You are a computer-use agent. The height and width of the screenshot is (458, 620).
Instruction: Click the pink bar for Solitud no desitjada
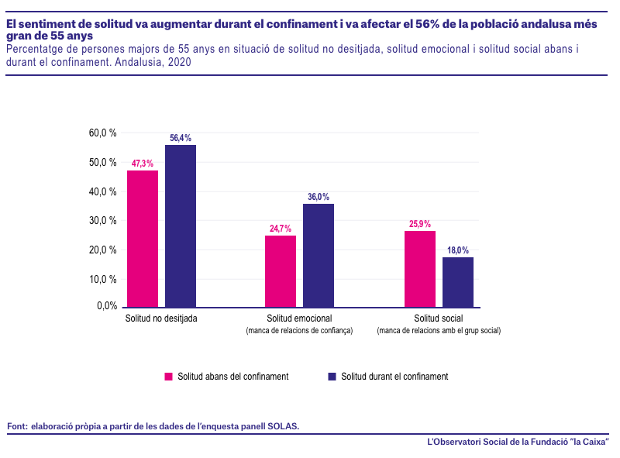click(143, 239)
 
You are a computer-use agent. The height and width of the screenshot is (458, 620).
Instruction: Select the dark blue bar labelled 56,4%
click(181, 226)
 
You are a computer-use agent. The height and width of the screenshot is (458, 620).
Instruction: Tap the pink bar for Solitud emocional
click(281, 271)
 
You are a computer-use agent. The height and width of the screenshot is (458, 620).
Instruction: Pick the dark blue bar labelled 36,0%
click(319, 256)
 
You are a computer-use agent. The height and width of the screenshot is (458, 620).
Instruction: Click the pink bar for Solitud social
click(420, 269)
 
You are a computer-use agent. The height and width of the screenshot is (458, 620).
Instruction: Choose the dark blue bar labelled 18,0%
click(458, 282)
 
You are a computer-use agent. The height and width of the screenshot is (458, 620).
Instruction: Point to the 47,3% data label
click(143, 164)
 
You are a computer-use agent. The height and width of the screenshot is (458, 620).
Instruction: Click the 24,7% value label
click(281, 229)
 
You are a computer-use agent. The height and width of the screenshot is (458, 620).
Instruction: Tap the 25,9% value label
click(420, 224)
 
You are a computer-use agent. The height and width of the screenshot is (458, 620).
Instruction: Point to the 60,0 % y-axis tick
click(103, 133)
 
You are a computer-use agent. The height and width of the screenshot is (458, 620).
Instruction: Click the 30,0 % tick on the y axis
click(103, 220)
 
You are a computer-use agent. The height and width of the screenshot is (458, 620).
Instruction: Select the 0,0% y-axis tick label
click(107, 306)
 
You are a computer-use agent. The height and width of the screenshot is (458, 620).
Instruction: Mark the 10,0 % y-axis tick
click(103, 279)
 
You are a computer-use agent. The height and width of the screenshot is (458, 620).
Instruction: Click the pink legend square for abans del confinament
click(168, 377)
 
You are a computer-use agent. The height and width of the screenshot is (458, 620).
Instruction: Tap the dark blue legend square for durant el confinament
click(332, 377)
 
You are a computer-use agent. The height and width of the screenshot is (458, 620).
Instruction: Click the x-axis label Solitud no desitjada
click(161, 319)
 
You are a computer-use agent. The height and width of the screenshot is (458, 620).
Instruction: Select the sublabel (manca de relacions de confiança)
click(299, 330)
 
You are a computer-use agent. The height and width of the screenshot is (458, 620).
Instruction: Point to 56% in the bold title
click(428, 24)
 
